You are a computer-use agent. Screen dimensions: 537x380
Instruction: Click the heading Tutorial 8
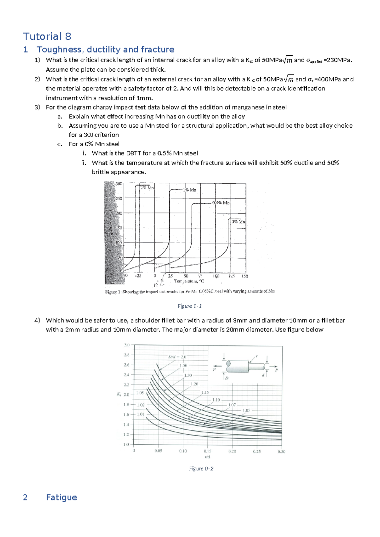[47, 36]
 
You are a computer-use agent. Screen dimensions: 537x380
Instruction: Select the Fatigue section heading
[61, 497]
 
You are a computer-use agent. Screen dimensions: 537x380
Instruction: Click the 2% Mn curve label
[147, 187]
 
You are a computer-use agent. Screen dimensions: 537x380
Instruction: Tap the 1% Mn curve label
[190, 190]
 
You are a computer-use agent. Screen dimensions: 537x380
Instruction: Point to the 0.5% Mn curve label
[221, 203]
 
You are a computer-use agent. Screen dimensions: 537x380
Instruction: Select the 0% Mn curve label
[238, 222]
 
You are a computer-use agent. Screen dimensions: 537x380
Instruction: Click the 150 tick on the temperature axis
[245, 276]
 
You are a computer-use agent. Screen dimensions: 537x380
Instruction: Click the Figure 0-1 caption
[189, 306]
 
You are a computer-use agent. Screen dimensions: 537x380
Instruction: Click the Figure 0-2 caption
[201, 469]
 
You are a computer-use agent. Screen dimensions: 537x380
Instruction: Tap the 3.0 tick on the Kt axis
[126, 345]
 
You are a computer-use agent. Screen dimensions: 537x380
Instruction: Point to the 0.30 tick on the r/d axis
[281, 452]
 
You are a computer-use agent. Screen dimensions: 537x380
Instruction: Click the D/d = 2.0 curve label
[177, 357]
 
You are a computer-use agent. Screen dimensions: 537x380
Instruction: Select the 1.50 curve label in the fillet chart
[183, 365]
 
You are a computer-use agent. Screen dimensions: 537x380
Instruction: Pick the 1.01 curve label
[141, 414]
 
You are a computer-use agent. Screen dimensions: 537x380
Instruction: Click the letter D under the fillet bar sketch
[227, 378]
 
